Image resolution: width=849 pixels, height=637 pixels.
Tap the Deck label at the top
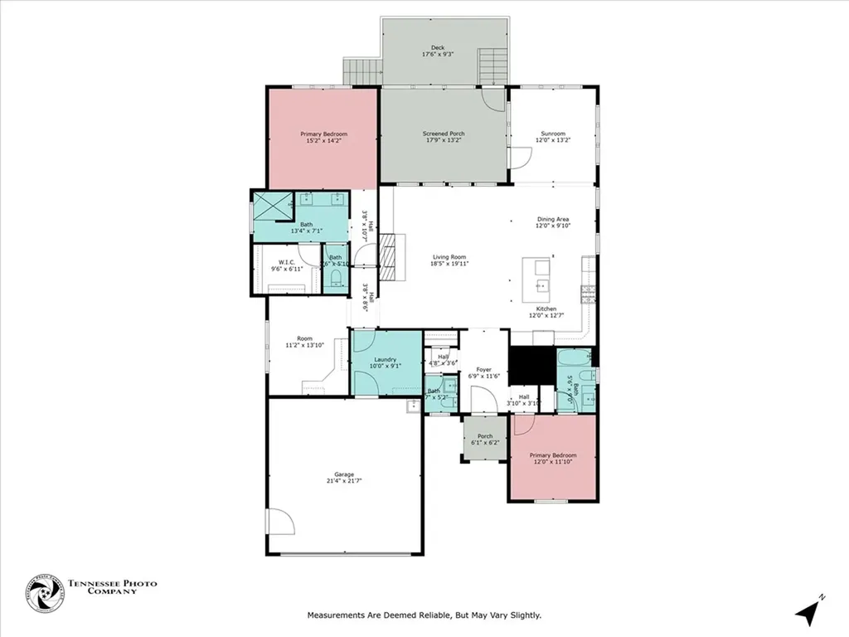[x=437, y=51]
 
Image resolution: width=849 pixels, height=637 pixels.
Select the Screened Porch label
[x=444, y=137]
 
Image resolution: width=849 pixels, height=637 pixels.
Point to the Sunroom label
[x=553, y=137]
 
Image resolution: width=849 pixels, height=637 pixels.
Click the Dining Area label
[x=553, y=223]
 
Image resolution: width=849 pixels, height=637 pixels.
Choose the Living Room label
[x=449, y=260]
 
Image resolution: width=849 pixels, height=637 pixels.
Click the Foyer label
[x=483, y=373]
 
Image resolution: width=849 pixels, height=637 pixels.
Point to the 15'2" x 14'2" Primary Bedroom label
[x=323, y=137]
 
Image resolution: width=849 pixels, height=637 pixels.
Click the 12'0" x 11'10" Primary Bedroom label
[x=553, y=459]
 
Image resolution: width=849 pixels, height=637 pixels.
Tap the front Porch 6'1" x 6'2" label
[x=485, y=440]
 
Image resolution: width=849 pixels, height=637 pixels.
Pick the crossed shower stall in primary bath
[x=274, y=205]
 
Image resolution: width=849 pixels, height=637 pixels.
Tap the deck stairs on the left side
[x=361, y=72]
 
